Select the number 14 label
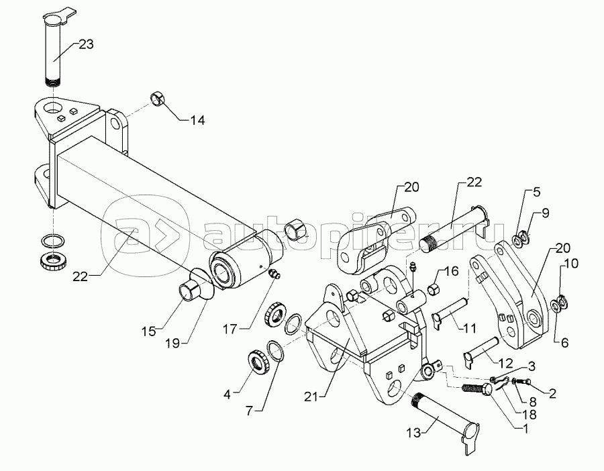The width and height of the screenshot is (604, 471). click(x=197, y=120)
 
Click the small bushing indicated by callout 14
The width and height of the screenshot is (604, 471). click(x=158, y=98)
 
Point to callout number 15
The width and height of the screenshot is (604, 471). click(x=148, y=330)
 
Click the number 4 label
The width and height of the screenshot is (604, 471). click(x=228, y=395)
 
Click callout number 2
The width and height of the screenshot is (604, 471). click(x=552, y=393)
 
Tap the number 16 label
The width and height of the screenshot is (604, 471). click(x=451, y=272)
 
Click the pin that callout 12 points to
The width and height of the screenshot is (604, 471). click(x=482, y=349)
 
